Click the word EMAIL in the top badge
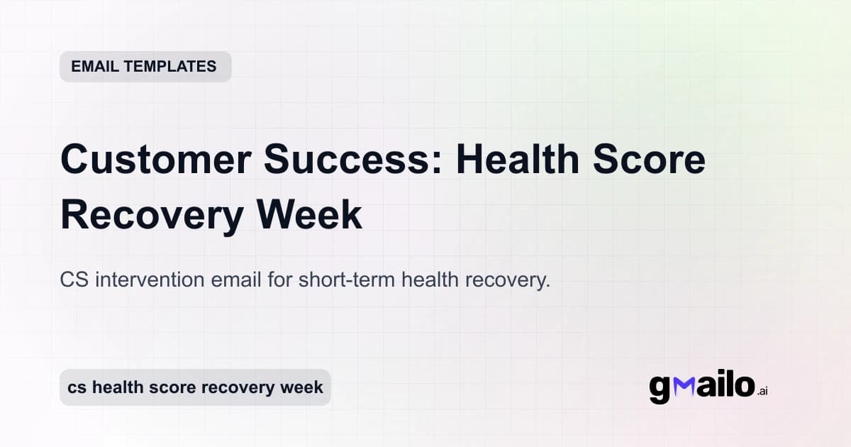[95, 67]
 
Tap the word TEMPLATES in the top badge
[169, 67]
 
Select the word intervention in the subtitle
[150, 280]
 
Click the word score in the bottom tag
[172, 387]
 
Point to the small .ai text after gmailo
[762, 391]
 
